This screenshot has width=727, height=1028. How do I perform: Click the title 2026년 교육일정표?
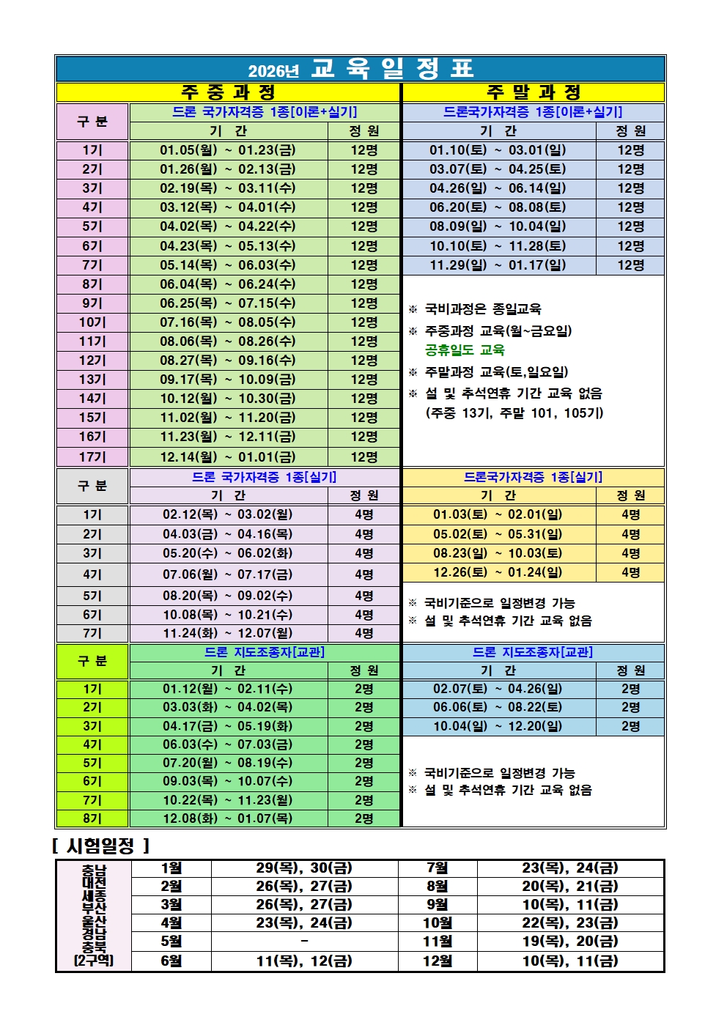pos(361,69)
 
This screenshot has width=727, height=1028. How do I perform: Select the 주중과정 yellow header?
pos(228,92)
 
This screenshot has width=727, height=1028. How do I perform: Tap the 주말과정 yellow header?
pos(534,92)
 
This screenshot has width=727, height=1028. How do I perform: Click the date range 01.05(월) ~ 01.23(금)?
pos(228,150)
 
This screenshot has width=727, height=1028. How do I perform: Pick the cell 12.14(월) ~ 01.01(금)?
pos(228,456)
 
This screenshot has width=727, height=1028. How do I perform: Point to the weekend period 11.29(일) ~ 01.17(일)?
pos(498,265)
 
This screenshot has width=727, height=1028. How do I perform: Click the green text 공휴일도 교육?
pos(465,350)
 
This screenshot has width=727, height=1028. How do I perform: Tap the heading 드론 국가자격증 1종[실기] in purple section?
pos(264,477)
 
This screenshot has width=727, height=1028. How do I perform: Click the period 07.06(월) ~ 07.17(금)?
pos(228,574)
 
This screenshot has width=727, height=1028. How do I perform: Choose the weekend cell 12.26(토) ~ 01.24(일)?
pos(498,572)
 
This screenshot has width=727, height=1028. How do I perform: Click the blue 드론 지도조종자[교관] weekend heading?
pos(533,652)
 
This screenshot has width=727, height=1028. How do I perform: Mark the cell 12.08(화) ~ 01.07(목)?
pos(228,818)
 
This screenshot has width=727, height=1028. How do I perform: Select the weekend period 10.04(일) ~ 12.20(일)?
pos(498,726)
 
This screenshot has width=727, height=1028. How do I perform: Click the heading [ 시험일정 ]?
pos(101,846)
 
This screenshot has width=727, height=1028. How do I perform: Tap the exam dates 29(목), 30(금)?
pos(304,868)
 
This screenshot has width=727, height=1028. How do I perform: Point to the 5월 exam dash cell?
pos(304,941)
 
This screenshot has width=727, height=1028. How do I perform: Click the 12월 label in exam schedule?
pos(438,961)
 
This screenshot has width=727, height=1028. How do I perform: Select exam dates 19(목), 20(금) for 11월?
pos(570,941)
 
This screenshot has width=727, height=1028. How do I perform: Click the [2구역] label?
pos(94,960)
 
